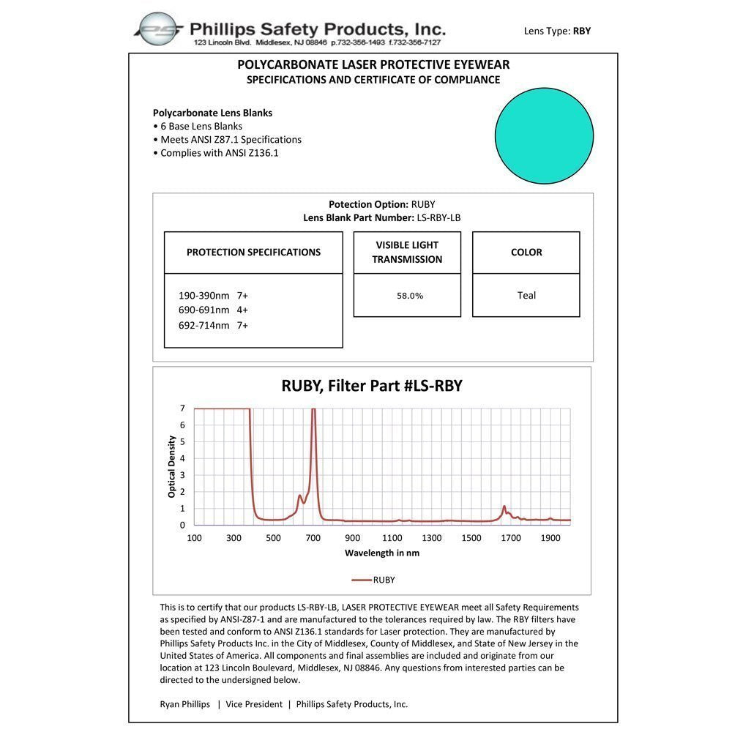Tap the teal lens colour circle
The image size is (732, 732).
pyautogui.click(x=544, y=135)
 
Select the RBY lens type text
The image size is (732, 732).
pyautogui.click(x=582, y=31)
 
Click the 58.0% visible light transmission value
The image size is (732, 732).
pyautogui.click(x=410, y=296)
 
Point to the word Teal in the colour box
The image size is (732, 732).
pyautogui.click(x=526, y=296)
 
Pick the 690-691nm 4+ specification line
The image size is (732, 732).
pyautogui.click(x=213, y=310)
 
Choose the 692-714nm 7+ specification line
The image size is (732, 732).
pyautogui.click(x=213, y=325)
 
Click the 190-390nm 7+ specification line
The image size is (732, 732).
pyautogui.click(x=213, y=296)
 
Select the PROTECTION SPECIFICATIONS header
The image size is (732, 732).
pyautogui.click(x=253, y=253)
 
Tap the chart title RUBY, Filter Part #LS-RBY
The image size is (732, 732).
pyautogui.click(x=372, y=386)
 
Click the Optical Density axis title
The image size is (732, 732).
pyautogui.click(x=172, y=467)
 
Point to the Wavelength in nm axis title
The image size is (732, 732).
pyautogui.click(x=382, y=553)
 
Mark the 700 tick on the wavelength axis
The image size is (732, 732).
pyautogui.click(x=313, y=538)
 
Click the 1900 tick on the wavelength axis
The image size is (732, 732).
pyautogui.click(x=550, y=538)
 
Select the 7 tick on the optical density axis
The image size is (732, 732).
pyautogui.click(x=182, y=408)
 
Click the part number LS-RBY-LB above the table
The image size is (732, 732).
pyautogui.click(x=435, y=217)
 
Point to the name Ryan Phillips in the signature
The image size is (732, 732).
pyautogui.click(x=184, y=704)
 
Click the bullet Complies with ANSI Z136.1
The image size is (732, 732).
pyautogui.click(x=219, y=153)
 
